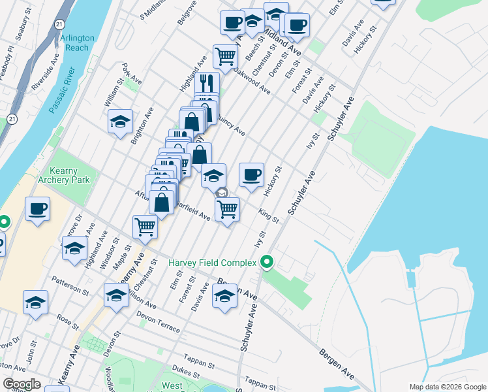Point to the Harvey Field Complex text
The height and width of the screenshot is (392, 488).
(213, 263)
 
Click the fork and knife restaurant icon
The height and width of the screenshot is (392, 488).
(207, 83)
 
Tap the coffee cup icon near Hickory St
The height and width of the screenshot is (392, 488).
(251, 175)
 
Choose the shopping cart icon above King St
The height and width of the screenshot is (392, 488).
(226, 210)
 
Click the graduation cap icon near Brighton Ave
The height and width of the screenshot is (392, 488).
(120, 122)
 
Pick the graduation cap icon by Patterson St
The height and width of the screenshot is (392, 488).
(35, 302)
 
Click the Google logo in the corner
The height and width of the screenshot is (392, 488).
(22, 384)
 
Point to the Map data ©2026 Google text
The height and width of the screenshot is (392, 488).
(447, 386)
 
